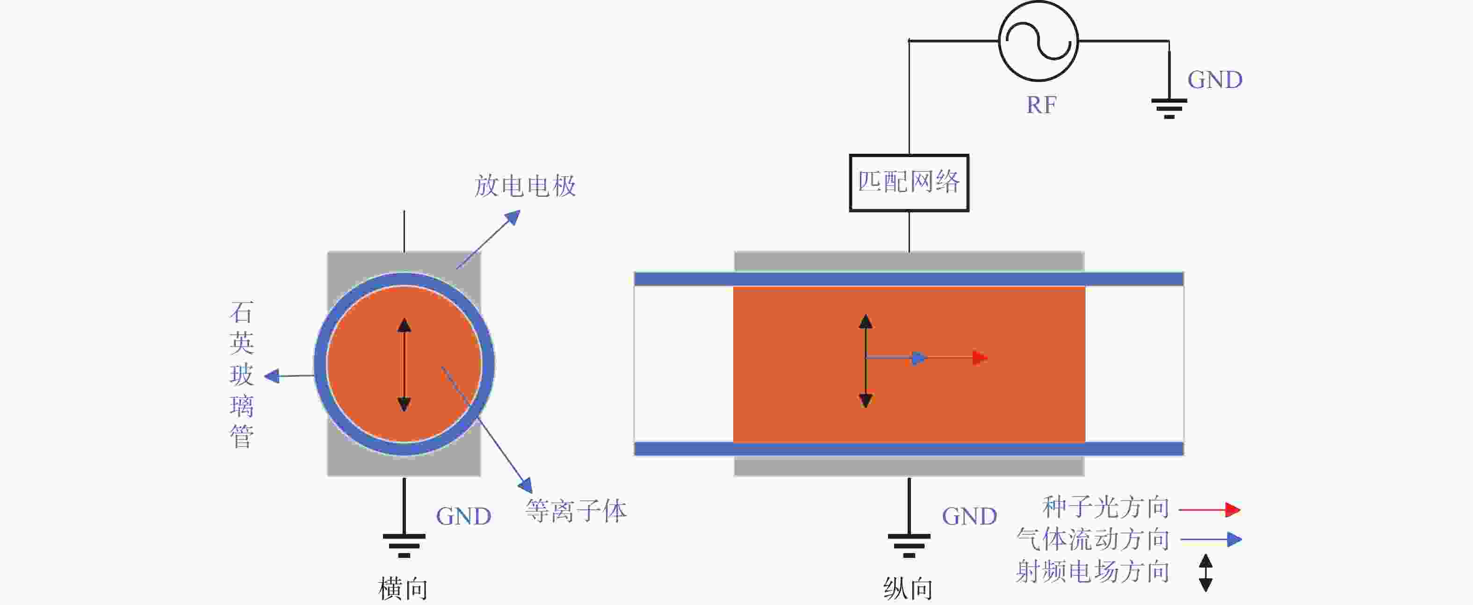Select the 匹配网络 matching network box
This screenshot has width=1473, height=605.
click(909, 183)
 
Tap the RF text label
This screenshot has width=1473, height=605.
click(1041, 105)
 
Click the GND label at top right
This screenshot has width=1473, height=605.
click(1214, 80)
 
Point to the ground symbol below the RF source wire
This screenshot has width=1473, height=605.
click(1169, 108)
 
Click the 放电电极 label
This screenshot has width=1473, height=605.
click(525, 186)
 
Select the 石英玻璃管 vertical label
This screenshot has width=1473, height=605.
click(241, 375)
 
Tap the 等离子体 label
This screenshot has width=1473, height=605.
click(576, 511)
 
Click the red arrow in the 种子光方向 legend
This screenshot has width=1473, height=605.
click(1209, 510)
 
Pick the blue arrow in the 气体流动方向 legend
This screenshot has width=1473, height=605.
click(1211, 539)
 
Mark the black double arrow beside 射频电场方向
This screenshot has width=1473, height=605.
click(1206, 572)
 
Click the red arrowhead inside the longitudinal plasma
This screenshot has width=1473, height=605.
click(980, 359)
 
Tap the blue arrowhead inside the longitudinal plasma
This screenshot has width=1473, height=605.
click(919, 359)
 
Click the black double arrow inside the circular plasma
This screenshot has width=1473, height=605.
click(404, 365)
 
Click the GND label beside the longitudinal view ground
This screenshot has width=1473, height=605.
click(969, 516)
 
